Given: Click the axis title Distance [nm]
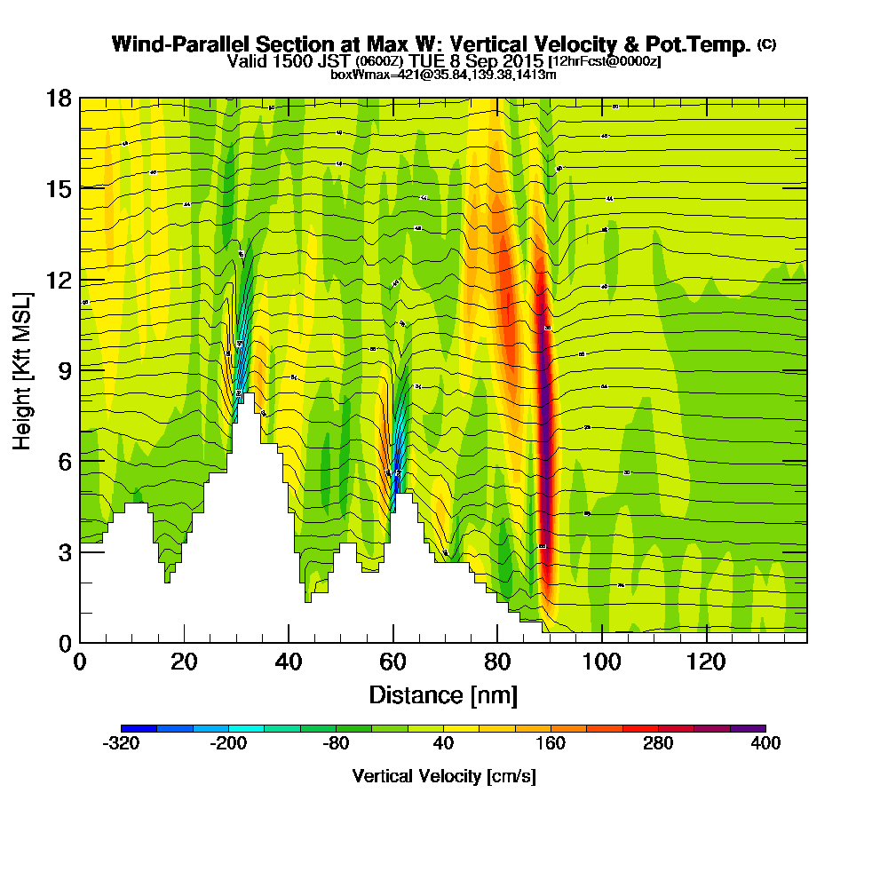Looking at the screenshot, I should tap(443, 694).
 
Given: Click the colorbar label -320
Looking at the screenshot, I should tap(121, 744).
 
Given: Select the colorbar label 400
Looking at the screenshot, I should tap(765, 744).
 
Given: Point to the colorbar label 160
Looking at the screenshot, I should tap(551, 744).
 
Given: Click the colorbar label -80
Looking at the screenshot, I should tap(336, 744).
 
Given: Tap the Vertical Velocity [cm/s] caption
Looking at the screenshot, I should tap(443, 776).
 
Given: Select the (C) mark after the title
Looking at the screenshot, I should tap(765, 44).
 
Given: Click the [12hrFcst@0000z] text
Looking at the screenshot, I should tap(605, 61).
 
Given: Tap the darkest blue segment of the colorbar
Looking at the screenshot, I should tap(139, 727).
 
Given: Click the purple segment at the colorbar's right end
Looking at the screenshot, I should tap(748, 727).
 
